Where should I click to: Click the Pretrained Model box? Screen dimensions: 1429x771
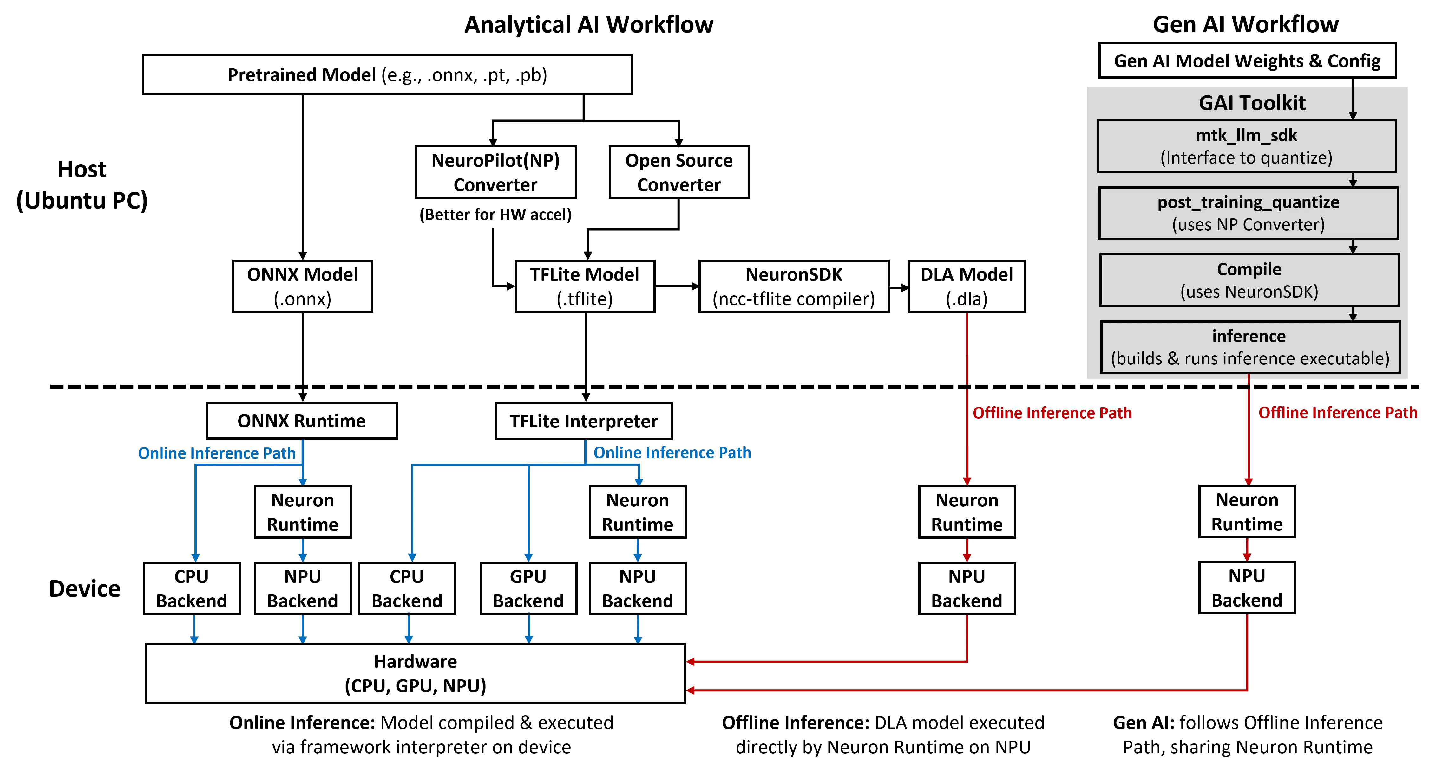pos(387,74)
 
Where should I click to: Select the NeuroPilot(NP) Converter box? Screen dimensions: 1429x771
pos(495,172)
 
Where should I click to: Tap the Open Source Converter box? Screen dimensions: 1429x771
pos(679,172)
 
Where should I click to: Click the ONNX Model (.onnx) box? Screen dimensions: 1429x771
pos(302,286)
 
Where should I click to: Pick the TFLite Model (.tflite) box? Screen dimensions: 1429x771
pos(585,286)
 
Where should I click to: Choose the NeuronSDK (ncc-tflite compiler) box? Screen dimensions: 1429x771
pos(794,286)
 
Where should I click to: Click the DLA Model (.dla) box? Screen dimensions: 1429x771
pos(967,286)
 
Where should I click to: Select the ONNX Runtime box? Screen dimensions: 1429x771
pos(302,421)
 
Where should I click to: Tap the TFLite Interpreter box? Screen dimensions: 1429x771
pos(584,421)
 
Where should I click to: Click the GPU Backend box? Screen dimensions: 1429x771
pos(528,588)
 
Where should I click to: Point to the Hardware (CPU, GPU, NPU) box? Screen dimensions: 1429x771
pos(416,673)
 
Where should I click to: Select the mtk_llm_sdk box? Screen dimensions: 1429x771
pos(1247,146)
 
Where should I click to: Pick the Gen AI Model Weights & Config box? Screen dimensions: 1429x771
pos(1247,61)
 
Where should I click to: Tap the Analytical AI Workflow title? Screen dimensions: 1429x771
pos(589,24)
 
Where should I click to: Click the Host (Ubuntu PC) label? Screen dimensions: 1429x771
pos(82,184)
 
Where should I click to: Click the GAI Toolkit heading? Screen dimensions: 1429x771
pos(1252,103)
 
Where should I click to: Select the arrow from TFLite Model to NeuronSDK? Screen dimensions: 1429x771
pos(677,286)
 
